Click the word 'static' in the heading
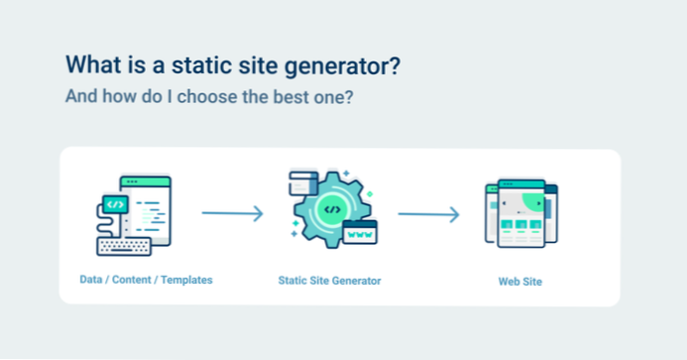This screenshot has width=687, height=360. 201,65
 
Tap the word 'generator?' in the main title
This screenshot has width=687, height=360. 343,66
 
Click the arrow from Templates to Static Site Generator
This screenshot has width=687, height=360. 232,213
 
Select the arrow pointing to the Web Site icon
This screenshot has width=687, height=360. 428,213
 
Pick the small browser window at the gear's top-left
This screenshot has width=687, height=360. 301,182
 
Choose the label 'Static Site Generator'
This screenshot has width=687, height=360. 330,281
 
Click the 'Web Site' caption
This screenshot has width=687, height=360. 519,282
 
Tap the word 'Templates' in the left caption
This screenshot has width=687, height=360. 186,280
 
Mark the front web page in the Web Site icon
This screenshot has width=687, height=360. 519,214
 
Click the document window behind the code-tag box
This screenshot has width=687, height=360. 150,207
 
